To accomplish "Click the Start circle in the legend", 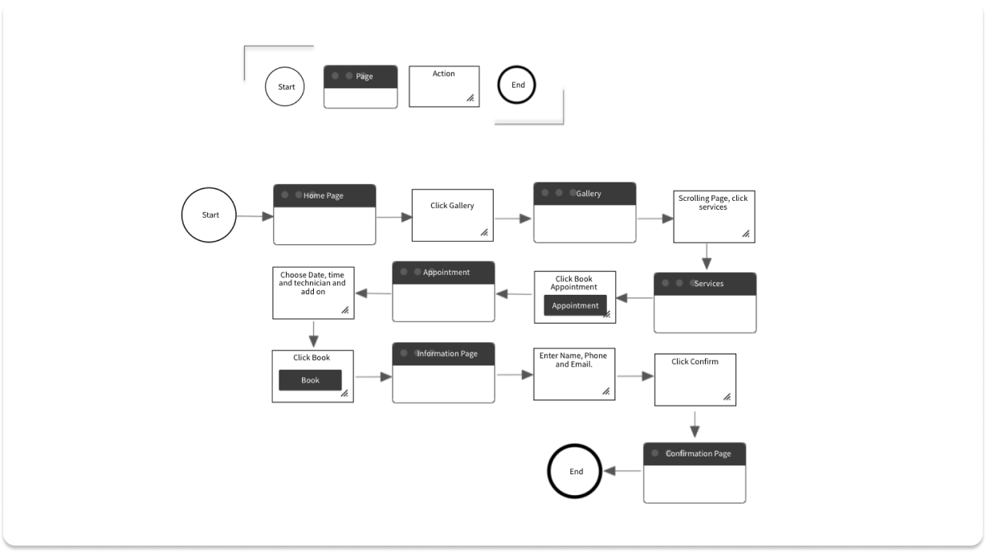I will pyautogui.click(x=285, y=87).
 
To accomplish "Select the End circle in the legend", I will pyautogui.click(x=517, y=85).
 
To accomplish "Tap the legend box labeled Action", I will pyautogui.click(x=444, y=86).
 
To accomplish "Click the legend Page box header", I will pyautogui.click(x=361, y=76).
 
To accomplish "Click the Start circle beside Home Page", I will pyautogui.click(x=210, y=215).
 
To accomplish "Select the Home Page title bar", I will pyautogui.click(x=324, y=195).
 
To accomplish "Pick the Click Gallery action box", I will pyautogui.click(x=452, y=215).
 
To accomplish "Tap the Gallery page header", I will pyautogui.click(x=585, y=194).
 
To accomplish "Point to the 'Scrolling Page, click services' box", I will pyautogui.click(x=713, y=216).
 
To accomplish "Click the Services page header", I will pyautogui.click(x=705, y=284).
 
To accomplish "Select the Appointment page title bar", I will pyautogui.click(x=443, y=272).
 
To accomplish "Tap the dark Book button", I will pyautogui.click(x=310, y=380).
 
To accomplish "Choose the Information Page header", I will pyautogui.click(x=443, y=354).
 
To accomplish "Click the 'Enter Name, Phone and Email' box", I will pyautogui.click(x=573, y=374).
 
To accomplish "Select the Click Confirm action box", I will pyautogui.click(x=695, y=379).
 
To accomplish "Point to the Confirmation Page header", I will pyautogui.click(x=695, y=453).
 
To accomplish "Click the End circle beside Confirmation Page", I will pyautogui.click(x=576, y=472).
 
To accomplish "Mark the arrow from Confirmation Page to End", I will pyautogui.click(x=622, y=472).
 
